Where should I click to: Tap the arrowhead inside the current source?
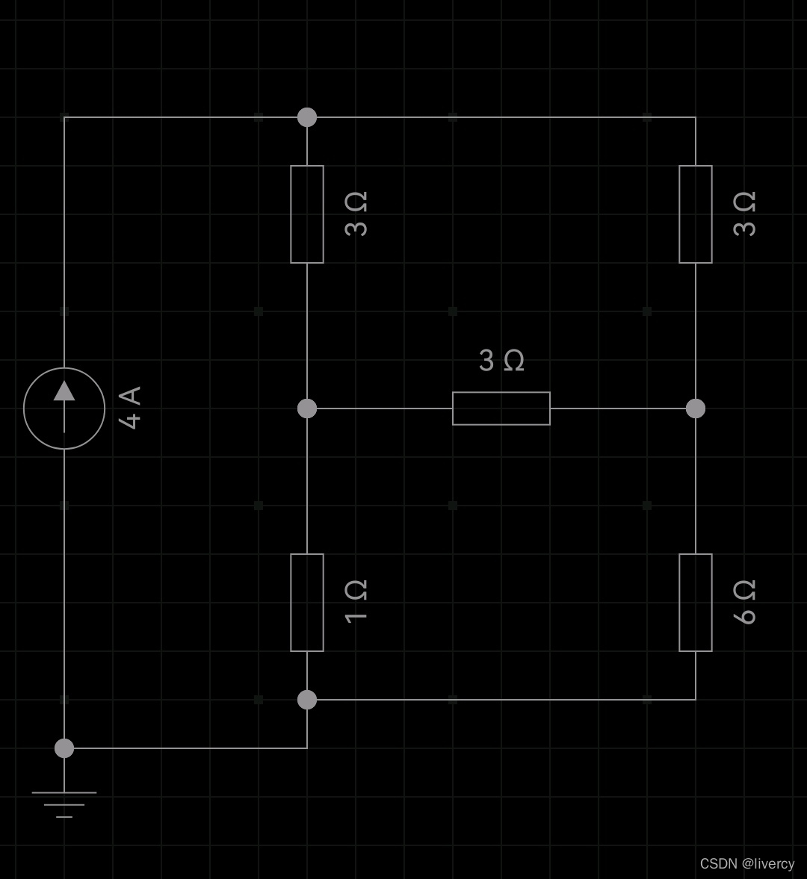point(64,391)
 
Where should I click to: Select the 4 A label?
point(130,408)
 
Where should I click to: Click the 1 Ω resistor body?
point(307,603)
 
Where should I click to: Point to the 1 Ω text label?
point(356,600)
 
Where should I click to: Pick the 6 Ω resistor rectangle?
point(696,603)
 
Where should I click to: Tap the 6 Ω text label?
point(745,602)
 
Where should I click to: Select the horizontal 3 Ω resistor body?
point(501,409)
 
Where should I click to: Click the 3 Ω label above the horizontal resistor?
point(501,361)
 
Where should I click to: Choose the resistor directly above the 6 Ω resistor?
point(696,214)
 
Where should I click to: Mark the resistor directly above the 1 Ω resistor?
point(307,214)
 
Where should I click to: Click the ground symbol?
point(64,804)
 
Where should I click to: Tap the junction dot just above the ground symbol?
point(64,748)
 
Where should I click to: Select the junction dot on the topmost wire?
point(307,117)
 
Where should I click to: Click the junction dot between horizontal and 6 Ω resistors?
point(696,409)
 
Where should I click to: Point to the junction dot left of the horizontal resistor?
point(307,409)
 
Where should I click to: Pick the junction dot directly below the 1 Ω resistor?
point(307,700)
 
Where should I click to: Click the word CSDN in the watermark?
point(719,863)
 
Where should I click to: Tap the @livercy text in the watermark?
point(768,863)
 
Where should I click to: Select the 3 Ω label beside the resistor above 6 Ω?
point(745,214)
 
